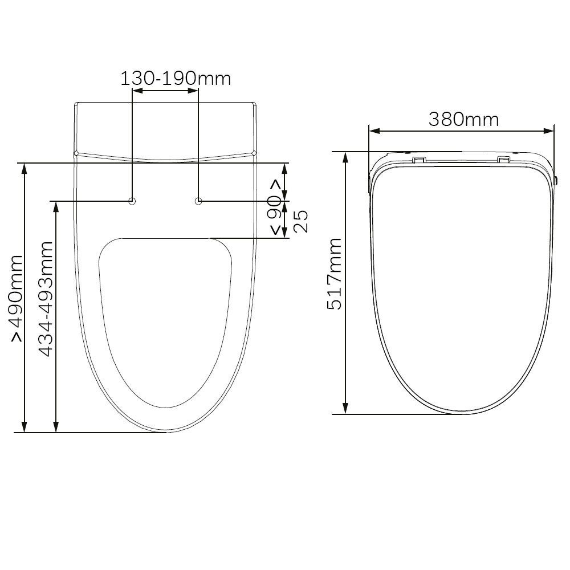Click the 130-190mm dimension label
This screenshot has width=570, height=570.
(x=176, y=79)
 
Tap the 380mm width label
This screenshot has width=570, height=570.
(x=463, y=119)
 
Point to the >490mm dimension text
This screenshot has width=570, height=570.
(x=17, y=298)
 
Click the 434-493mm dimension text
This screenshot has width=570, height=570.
(x=46, y=299)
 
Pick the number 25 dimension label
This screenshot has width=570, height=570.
(x=300, y=221)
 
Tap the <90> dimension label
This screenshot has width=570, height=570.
(x=275, y=207)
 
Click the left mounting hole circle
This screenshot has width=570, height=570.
(x=132, y=201)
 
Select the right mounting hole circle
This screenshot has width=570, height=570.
(x=198, y=201)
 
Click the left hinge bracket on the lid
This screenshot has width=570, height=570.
(x=418, y=159)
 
